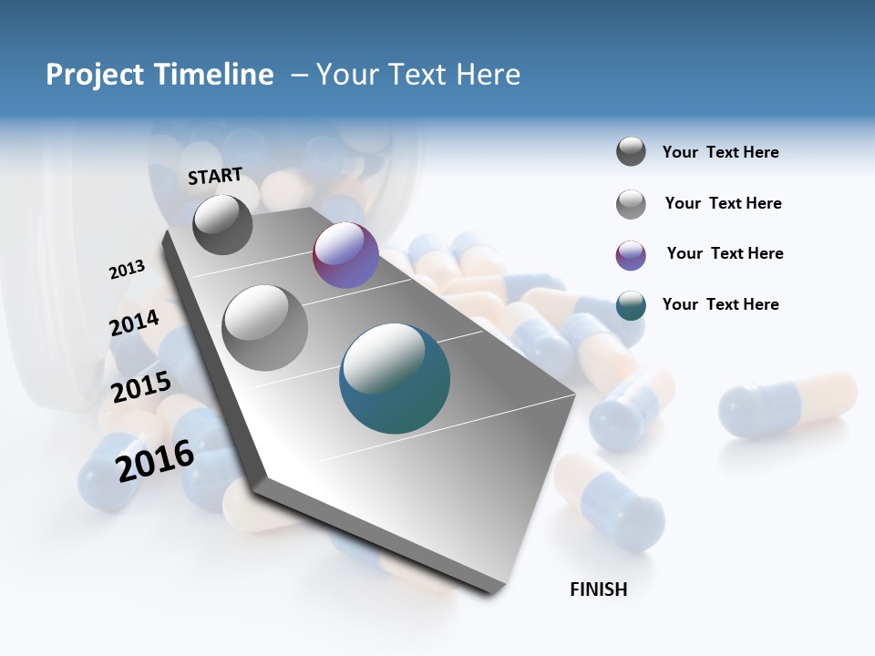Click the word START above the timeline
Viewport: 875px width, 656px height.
215,176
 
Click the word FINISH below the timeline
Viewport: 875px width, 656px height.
598,589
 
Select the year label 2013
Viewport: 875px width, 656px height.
127,270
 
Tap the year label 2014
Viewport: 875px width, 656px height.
134,323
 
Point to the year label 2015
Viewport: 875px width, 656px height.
141,387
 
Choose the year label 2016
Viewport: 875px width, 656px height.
155,461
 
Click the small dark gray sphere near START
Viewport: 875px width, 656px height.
222,224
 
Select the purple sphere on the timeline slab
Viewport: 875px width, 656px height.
345,255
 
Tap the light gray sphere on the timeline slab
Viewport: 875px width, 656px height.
265,327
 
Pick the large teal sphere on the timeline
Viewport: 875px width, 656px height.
395,378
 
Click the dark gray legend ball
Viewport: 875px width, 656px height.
631,152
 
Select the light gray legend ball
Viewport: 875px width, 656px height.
631,204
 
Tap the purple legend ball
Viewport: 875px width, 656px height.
631,255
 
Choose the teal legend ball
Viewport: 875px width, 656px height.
631,305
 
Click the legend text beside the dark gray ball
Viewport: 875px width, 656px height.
721,153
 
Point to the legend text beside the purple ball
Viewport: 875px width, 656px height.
725,253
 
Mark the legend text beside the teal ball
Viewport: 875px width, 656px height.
721,304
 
